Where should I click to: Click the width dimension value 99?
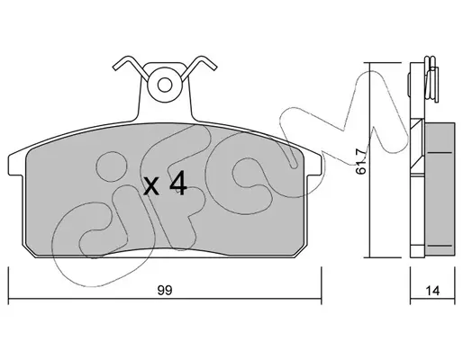(x=165, y=290)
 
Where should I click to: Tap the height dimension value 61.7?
(x=361, y=161)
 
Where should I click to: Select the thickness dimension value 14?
(x=432, y=291)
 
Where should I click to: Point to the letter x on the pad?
(x=151, y=185)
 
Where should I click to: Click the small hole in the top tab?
(x=165, y=85)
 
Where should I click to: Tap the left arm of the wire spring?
(x=131, y=67)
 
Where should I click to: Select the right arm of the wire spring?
(x=199, y=67)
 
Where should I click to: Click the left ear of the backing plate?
(x=15, y=165)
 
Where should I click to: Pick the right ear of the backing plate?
(x=314, y=165)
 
